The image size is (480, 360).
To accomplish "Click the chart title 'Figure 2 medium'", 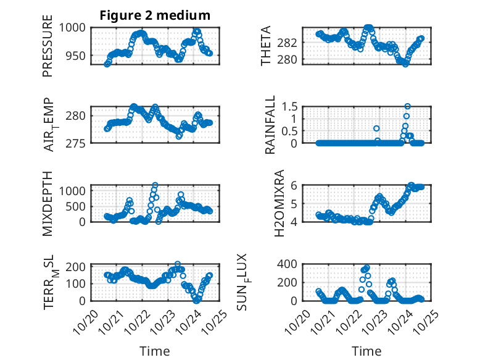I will pyautogui.click(x=155, y=15).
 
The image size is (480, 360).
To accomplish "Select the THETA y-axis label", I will pyautogui.click(x=266, y=46).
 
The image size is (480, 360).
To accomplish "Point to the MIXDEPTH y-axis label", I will pyautogui.click(x=48, y=203).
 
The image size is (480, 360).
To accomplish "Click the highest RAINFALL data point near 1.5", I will pyautogui.click(x=407, y=106).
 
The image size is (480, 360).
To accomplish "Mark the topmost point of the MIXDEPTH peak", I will pyautogui.click(x=155, y=185).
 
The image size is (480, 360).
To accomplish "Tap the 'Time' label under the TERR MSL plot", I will pyautogui.click(x=155, y=351).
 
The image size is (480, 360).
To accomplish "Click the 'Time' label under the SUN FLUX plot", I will pyautogui.click(x=366, y=351).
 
